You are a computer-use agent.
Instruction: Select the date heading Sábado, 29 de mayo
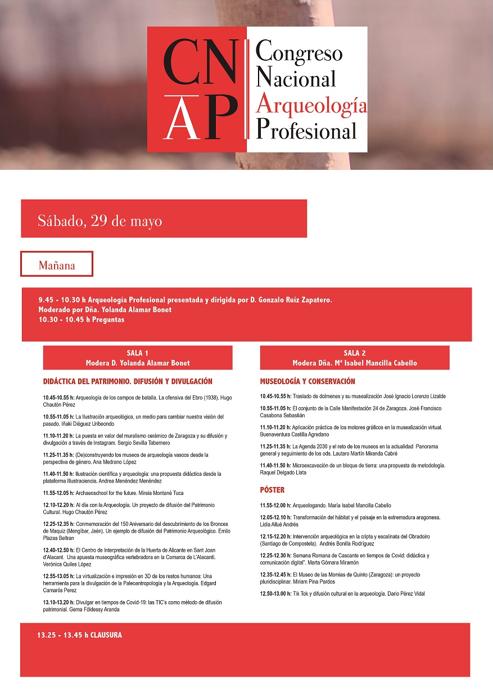click(100, 221)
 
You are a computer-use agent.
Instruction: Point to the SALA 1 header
click(138, 353)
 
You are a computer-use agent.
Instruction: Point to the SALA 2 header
click(355, 353)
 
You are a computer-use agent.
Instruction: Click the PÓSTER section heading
click(272, 490)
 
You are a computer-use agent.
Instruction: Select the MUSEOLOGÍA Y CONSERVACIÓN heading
click(307, 381)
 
